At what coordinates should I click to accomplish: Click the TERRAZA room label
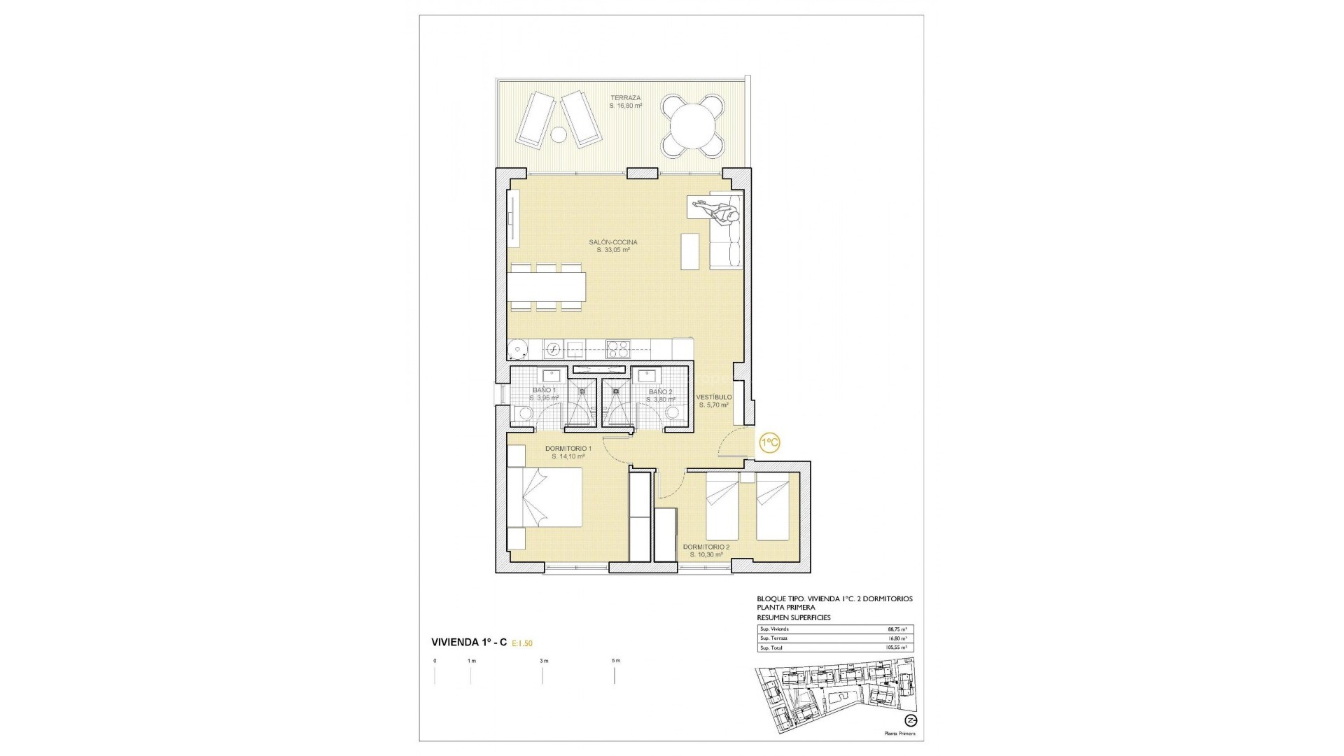click(625, 98)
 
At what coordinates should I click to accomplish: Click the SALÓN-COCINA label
click(612, 242)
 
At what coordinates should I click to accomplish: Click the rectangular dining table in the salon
click(547, 286)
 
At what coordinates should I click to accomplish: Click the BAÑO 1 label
click(543, 391)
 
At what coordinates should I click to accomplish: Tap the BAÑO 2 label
click(659, 392)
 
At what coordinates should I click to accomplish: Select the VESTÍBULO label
click(713, 398)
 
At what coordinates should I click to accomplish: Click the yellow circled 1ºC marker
click(769, 443)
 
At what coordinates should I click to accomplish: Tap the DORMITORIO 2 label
click(706, 547)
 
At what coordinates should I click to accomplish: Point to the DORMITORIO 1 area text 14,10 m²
click(567, 456)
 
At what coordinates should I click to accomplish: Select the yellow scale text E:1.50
click(527, 643)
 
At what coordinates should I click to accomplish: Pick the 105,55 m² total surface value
click(896, 648)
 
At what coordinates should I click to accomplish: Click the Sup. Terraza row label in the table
click(774, 638)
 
